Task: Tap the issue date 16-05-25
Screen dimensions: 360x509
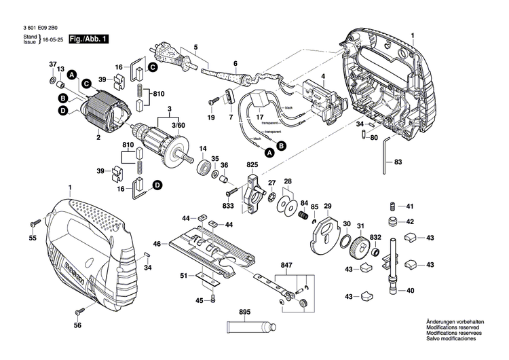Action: coord(55,41)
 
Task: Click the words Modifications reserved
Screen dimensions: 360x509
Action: coord(454,327)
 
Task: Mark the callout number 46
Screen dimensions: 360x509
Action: coord(157,243)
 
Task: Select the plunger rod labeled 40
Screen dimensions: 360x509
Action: coord(393,272)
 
